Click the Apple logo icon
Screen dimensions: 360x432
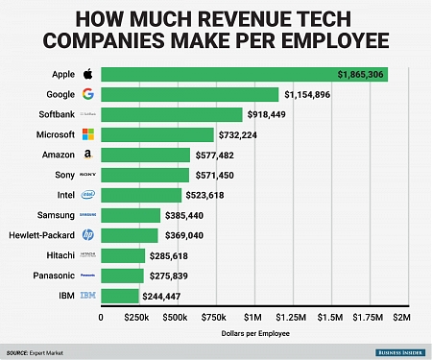pos(87,73)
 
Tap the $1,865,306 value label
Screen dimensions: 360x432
pos(361,74)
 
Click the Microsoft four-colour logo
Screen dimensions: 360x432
pos(87,134)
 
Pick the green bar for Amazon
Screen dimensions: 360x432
pos(145,155)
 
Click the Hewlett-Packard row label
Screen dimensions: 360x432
pos(43,235)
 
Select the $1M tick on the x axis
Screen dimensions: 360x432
pos(252,316)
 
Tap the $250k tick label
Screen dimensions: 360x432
pos(138,316)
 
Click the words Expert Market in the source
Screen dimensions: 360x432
pos(58,352)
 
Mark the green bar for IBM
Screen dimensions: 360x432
pos(119,296)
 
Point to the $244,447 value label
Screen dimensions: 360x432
pos(168,296)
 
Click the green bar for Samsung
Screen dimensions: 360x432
pos(131,215)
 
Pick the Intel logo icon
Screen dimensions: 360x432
pos(87,195)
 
